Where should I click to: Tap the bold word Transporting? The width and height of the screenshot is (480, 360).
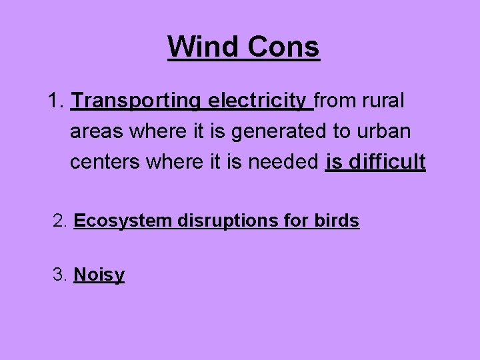tap(137, 101)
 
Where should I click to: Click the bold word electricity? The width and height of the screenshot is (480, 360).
tap(257, 101)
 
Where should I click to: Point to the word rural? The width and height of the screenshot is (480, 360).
tap(383, 101)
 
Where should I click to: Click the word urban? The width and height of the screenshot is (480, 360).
tap(382, 131)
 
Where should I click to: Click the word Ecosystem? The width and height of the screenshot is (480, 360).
tap(123, 221)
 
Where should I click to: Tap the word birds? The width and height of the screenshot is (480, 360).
tap(335, 221)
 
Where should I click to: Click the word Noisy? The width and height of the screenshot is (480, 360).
tap(99, 275)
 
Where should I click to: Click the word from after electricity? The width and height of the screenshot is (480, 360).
tap(336, 101)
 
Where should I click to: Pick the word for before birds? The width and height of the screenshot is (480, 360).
tap(294, 221)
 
